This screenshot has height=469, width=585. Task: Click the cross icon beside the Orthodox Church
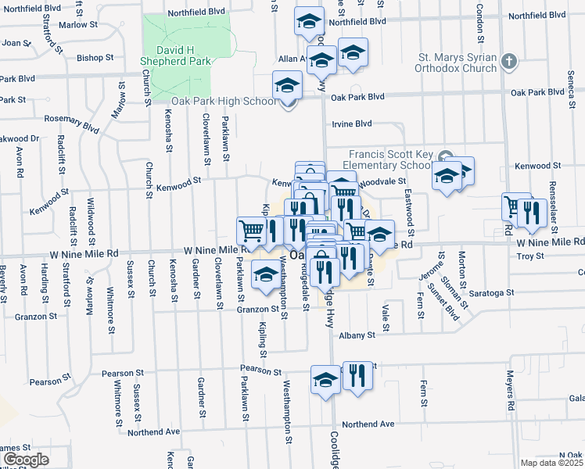pos(509,61)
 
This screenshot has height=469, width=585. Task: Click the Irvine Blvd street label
pos(352,124)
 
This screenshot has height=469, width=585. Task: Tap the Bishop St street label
pos(95,57)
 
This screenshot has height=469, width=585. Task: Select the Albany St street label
pos(357,335)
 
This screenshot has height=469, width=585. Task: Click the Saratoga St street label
pos(493,292)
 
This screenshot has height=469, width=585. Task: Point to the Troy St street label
pos(529,256)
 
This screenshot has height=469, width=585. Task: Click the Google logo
pos(25,460)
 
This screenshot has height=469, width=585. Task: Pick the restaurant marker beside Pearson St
pos(357,375)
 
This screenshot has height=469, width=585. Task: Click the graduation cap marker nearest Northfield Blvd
pos(310,20)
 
